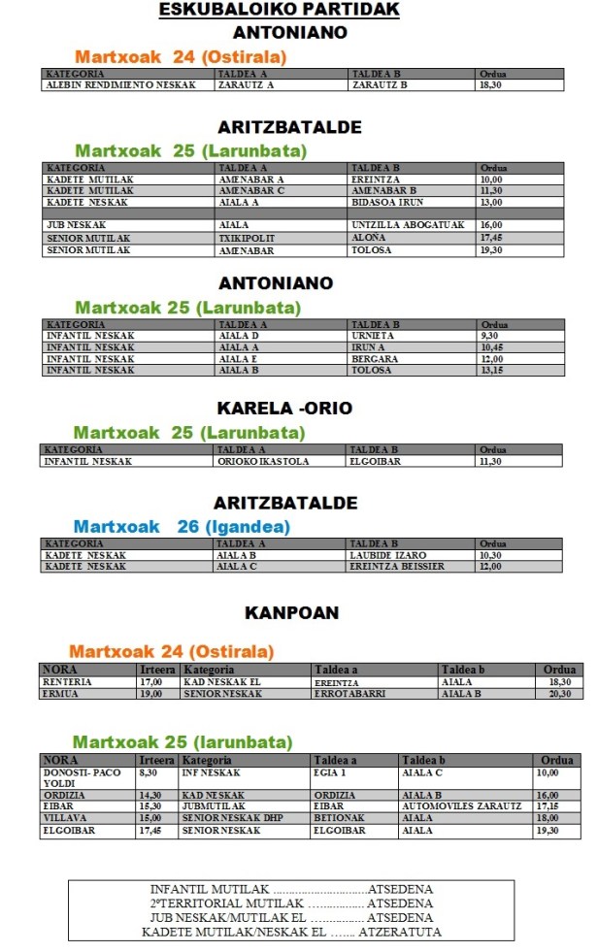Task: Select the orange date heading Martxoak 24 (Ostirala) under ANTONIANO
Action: tap(181, 57)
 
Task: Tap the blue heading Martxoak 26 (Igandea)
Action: tap(182, 527)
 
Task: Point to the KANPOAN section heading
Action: tap(291, 613)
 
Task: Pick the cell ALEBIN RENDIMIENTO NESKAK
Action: tap(120, 85)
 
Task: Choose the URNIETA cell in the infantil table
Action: tap(373, 336)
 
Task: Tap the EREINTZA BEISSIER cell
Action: tap(398, 567)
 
